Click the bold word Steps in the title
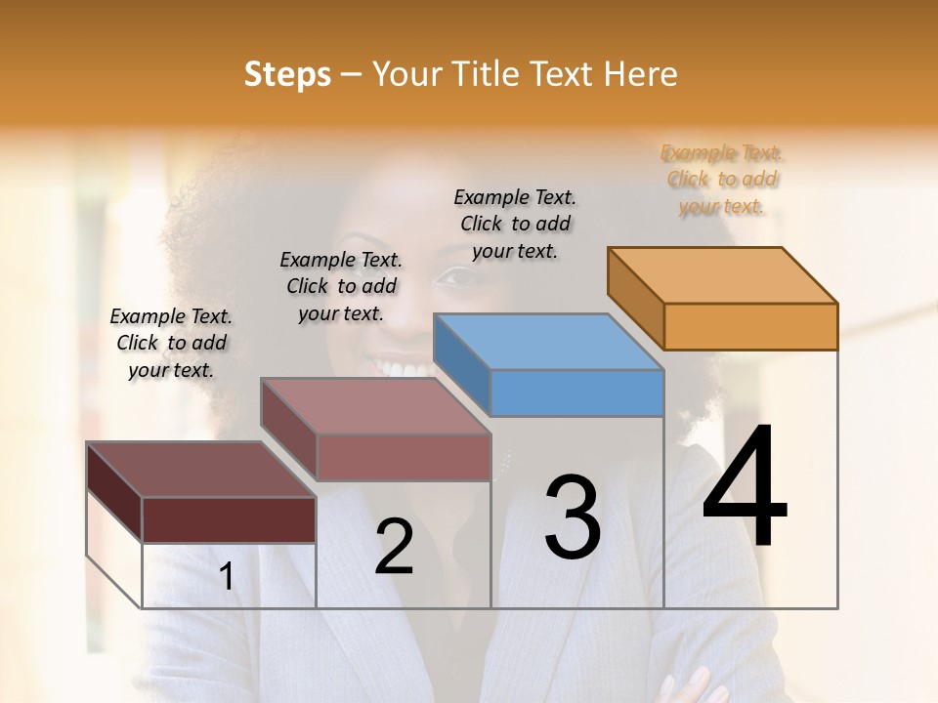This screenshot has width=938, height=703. (x=286, y=74)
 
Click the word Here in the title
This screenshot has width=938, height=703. (x=642, y=74)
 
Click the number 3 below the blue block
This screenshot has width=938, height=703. (x=573, y=517)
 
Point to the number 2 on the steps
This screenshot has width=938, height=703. (x=394, y=547)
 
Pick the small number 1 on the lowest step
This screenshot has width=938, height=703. (x=227, y=577)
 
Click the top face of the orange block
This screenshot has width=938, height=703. (x=723, y=275)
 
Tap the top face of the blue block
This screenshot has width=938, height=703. (x=549, y=342)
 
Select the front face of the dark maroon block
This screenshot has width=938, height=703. (x=229, y=518)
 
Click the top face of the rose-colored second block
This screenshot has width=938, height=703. (x=375, y=406)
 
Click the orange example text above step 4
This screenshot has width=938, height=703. (x=722, y=179)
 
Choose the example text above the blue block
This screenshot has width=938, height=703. (x=515, y=224)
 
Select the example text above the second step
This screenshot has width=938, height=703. (x=341, y=286)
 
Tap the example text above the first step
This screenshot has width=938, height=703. (x=171, y=343)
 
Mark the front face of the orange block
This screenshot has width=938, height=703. (x=750, y=326)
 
